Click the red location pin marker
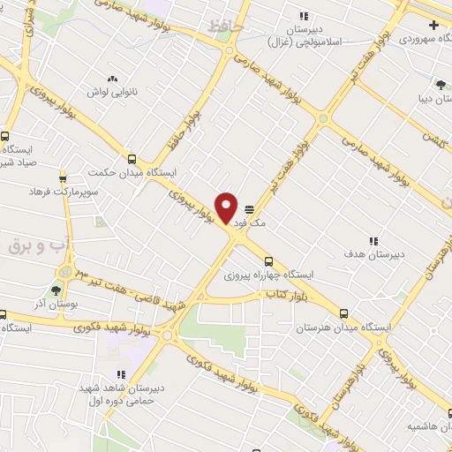coord(227,208)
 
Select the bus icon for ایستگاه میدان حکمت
coord(132,160)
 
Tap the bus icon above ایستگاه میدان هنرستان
coord(343,313)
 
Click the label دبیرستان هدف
coord(373,254)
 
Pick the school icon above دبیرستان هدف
coord(373,240)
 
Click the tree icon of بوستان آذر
coord(56,290)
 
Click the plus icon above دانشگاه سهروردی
coord(433,25)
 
